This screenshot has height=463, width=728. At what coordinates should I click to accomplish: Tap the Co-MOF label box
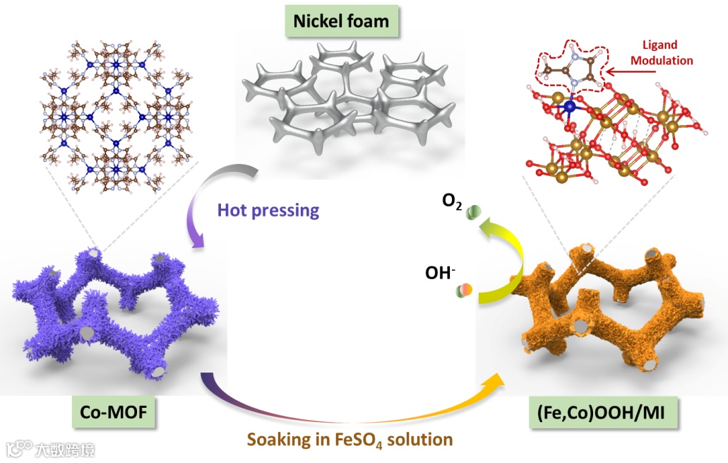point(113,412)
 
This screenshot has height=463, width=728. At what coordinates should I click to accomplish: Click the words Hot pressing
point(268,210)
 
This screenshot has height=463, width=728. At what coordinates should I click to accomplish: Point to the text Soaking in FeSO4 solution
point(350,439)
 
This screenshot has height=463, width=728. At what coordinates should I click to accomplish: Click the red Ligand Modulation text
point(662,54)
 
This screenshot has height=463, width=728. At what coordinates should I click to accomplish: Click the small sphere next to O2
point(474,211)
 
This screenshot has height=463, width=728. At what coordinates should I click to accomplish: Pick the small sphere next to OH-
point(465,289)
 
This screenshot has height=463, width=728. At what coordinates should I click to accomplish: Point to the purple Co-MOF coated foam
point(113,311)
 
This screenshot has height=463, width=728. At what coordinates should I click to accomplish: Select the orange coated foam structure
point(607,311)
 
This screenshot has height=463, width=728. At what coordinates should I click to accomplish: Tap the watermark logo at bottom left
point(49,449)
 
